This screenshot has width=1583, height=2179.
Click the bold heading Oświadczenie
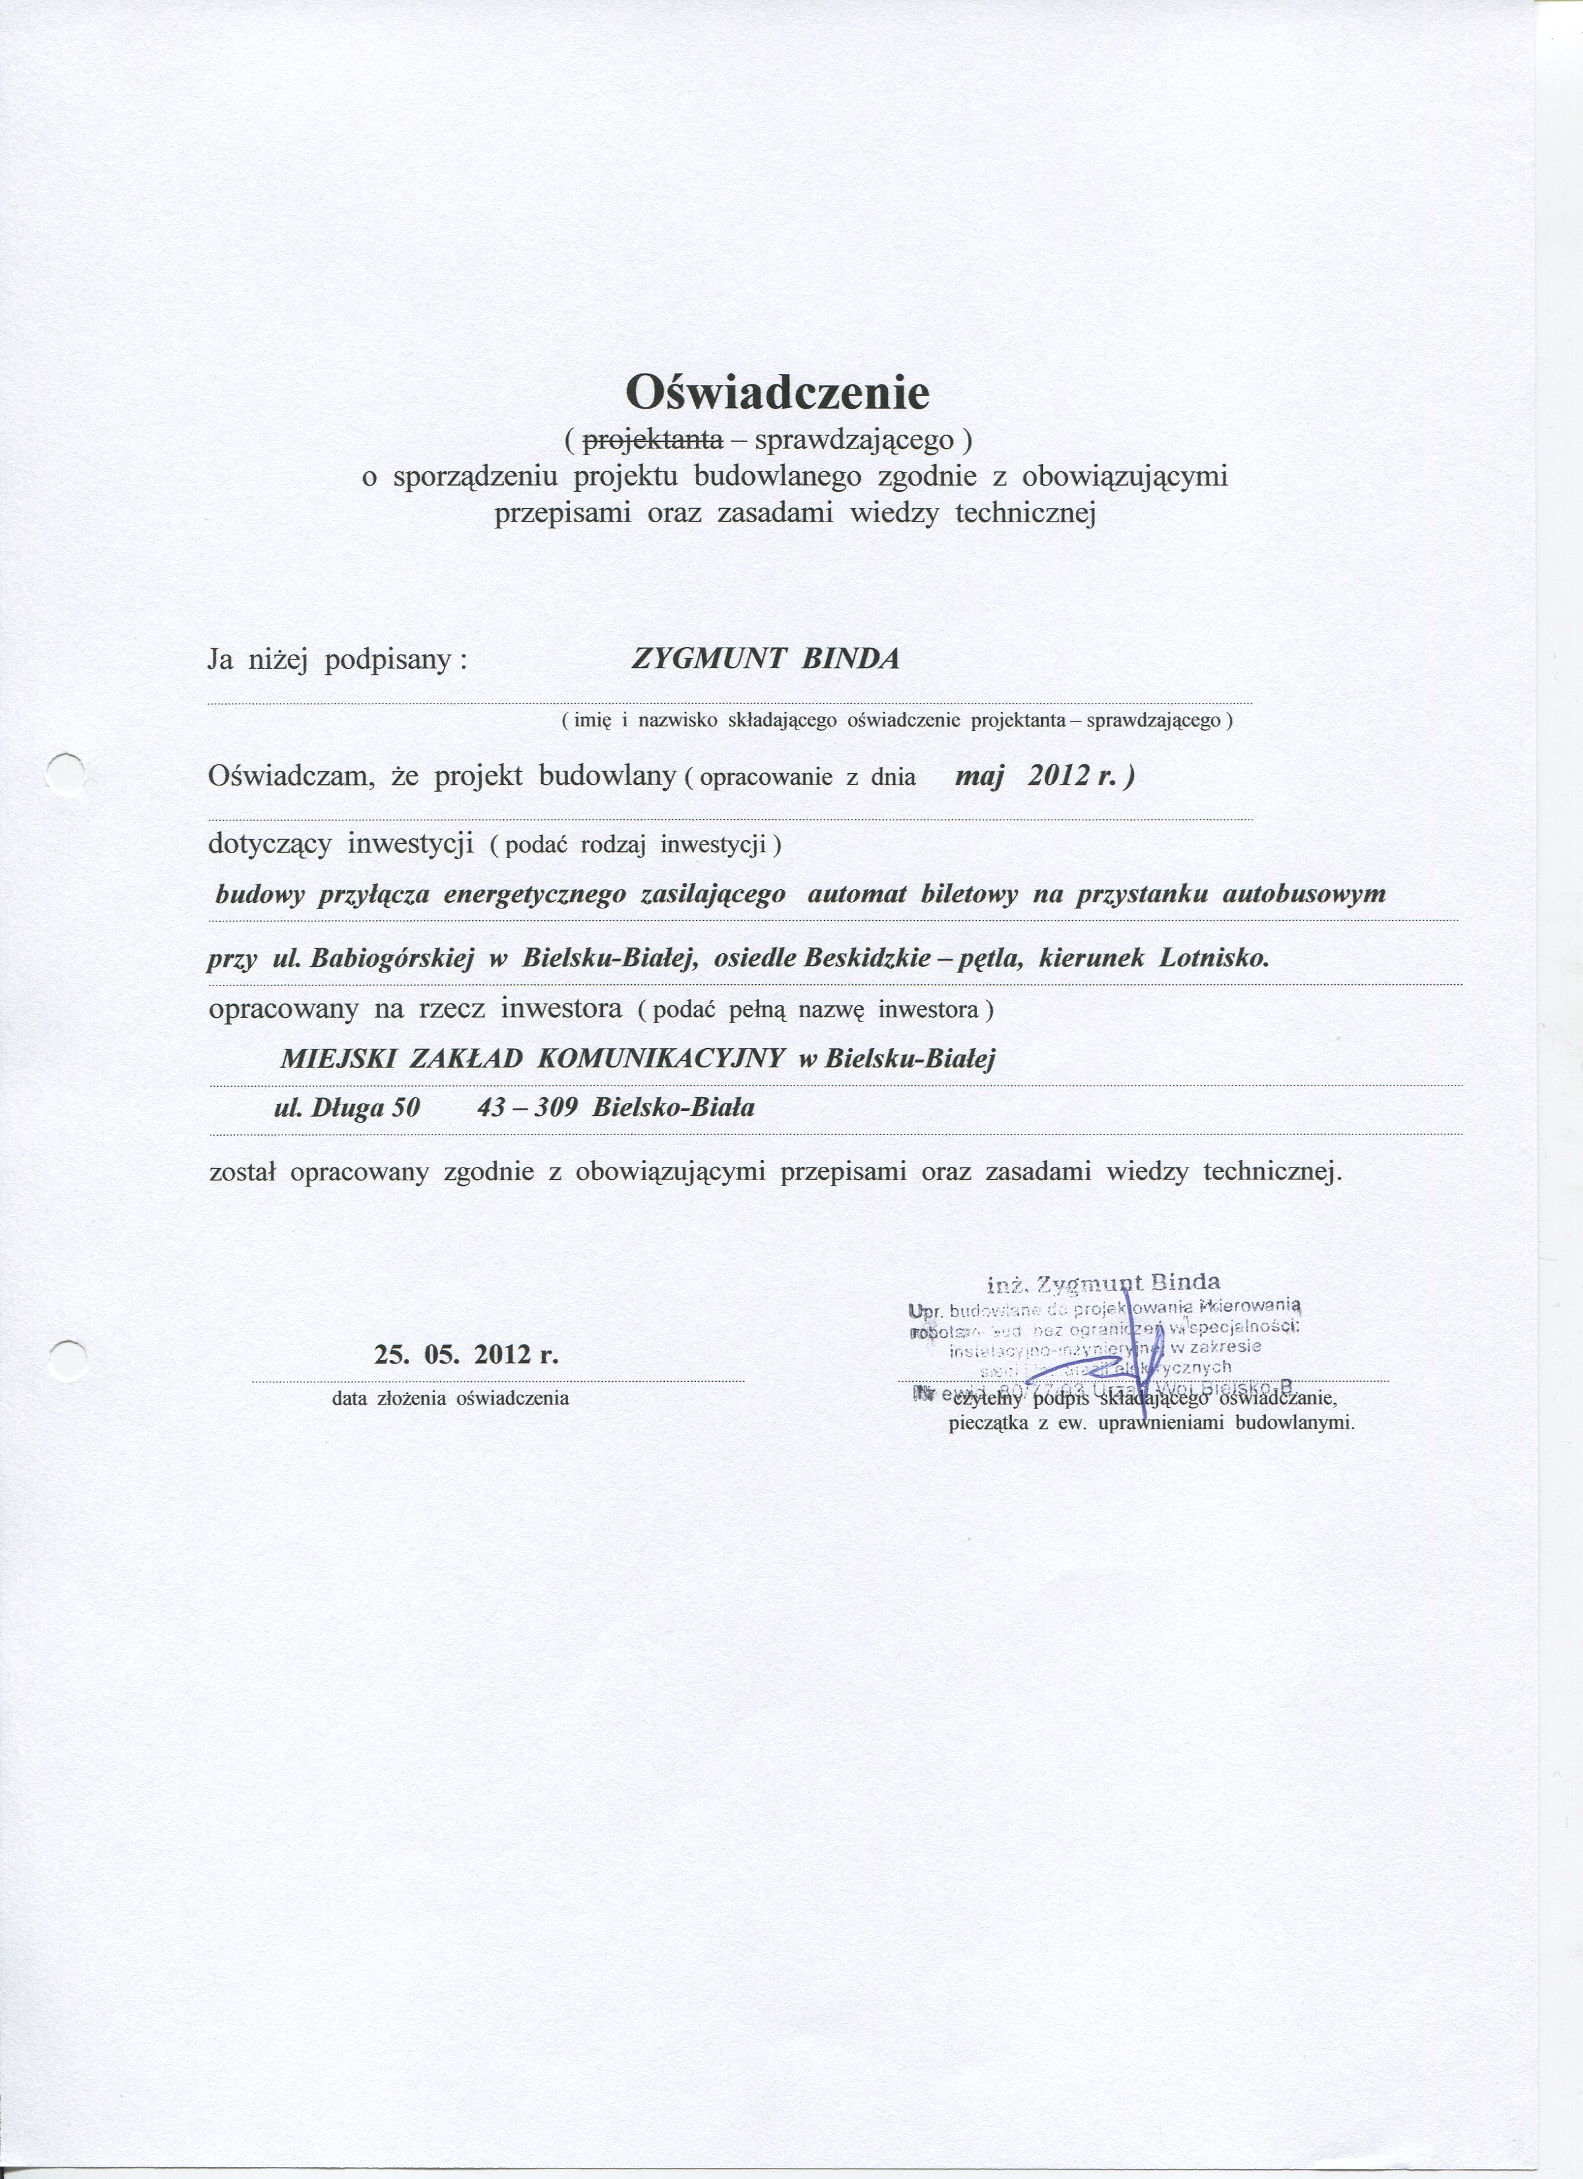[778, 391]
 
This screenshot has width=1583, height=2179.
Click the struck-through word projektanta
[653, 440]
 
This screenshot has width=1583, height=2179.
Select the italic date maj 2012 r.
[1043, 776]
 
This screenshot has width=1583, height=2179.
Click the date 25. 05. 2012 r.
[466, 1356]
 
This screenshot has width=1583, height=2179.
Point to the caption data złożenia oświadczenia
[451, 1398]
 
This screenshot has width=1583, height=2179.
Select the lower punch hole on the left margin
[67, 1361]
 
